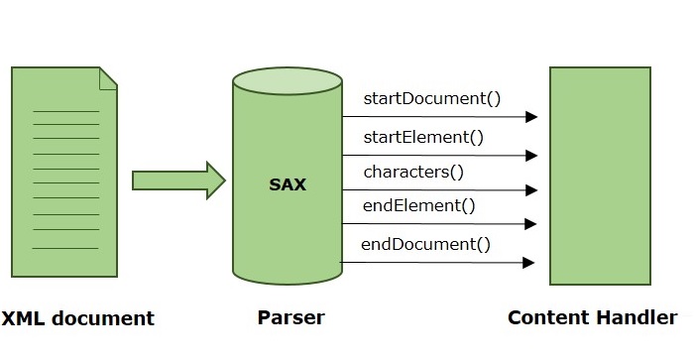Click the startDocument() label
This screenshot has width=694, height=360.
point(431,98)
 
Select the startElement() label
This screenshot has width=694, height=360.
point(423,137)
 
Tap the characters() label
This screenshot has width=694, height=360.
point(413,172)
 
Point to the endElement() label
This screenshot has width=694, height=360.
point(419,206)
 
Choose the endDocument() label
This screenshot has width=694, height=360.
point(425,244)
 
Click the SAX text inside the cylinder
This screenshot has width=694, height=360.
point(288,184)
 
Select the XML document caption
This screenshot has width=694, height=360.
point(77,318)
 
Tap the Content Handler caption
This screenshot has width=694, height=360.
point(592,318)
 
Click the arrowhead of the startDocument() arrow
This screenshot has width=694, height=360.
point(531,117)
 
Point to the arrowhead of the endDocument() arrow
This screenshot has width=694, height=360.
point(530,263)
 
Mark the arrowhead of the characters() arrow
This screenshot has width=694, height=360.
point(531,189)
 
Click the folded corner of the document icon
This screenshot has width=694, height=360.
point(108,76)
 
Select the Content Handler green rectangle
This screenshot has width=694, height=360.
point(601,176)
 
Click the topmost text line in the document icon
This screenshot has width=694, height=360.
point(66,111)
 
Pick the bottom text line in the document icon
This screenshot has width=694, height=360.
point(66,248)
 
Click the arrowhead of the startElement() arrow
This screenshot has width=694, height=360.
point(531,155)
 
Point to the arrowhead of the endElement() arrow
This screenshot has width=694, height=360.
point(531,224)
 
